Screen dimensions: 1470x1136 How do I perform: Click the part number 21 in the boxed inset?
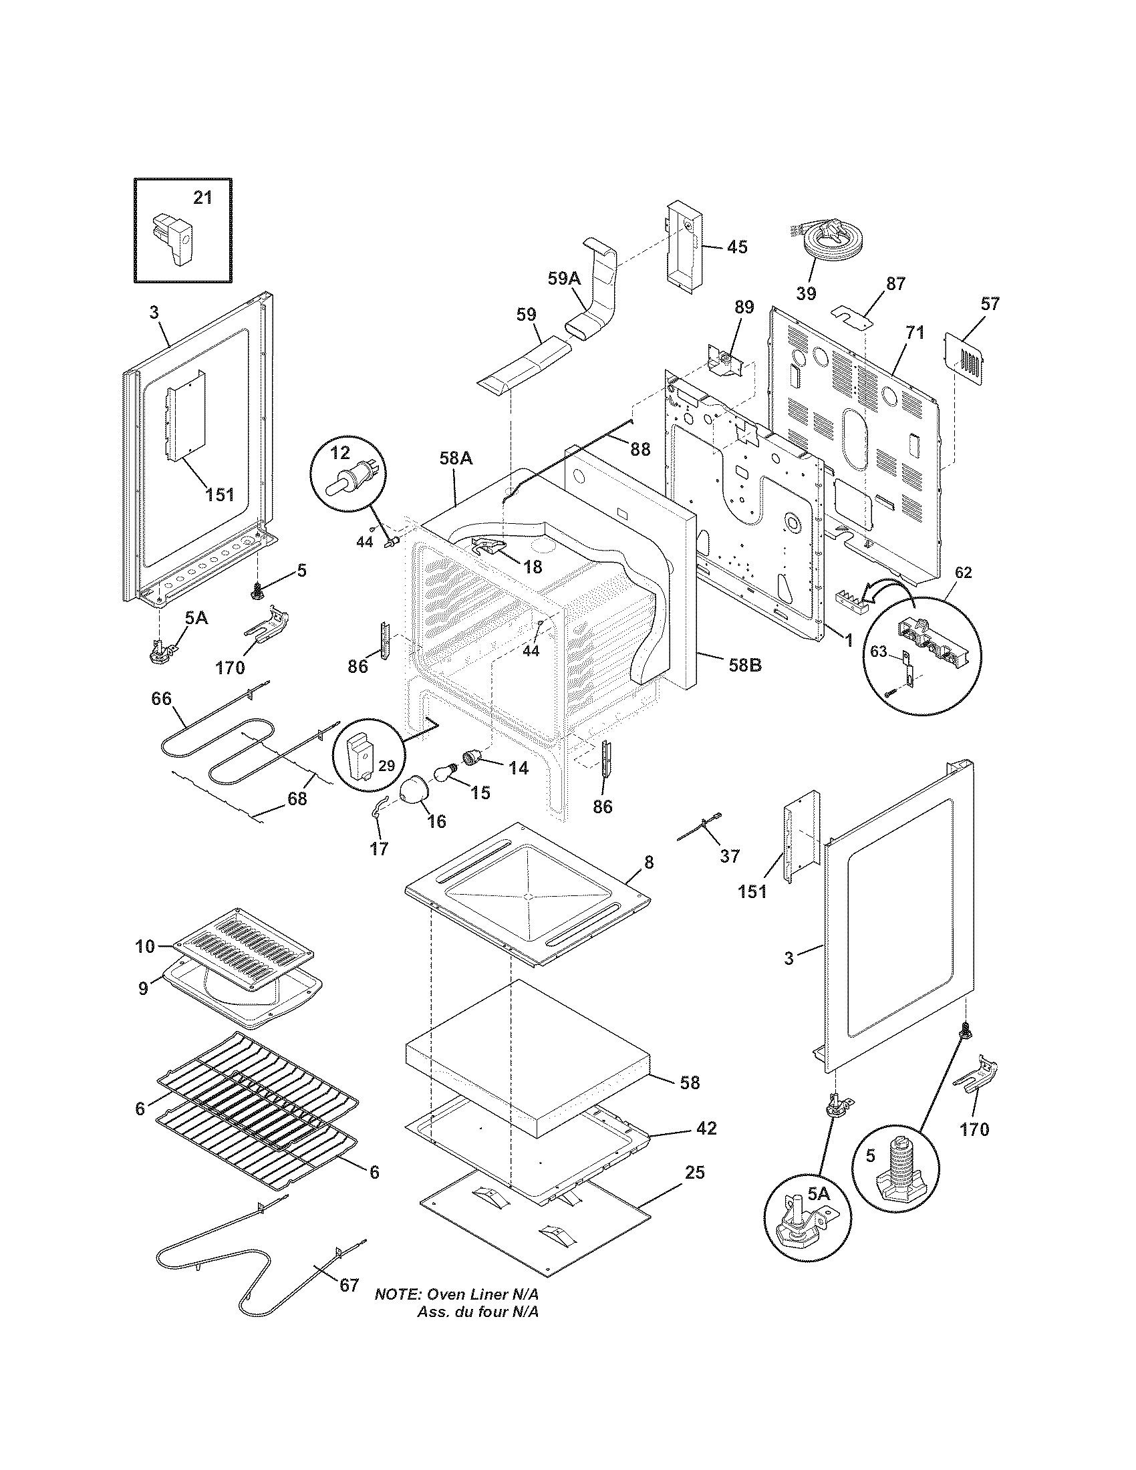202,197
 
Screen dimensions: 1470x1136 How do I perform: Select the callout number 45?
737,247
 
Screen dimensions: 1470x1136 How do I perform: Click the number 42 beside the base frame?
706,1127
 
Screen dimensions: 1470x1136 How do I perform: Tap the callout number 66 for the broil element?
161,699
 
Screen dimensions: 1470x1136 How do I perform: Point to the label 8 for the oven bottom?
648,862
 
